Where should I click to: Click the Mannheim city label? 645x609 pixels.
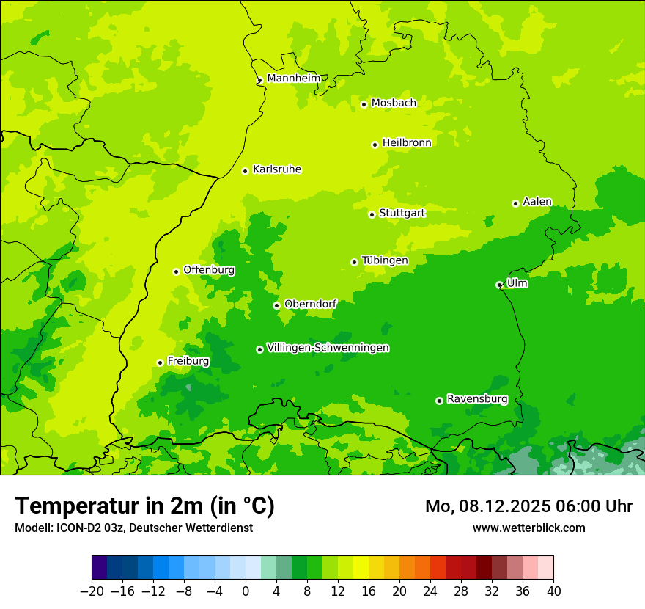click(x=293, y=78)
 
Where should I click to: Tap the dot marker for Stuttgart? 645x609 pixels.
click(x=372, y=214)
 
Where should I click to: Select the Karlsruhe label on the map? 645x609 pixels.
click(x=276, y=169)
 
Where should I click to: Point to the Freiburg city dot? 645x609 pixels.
click(x=160, y=362)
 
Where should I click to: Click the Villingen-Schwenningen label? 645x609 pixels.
click(x=328, y=348)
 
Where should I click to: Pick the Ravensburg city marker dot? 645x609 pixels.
click(x=439, y=401)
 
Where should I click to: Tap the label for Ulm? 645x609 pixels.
click(x=517, y=282)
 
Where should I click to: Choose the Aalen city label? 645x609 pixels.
click(x=537, y=202)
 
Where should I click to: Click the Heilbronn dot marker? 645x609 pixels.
click(x=375, y=145)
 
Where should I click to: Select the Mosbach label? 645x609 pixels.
click(x=393, y=103)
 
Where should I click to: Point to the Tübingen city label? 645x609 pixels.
click(x=384, y=260)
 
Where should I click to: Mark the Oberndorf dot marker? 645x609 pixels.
click(x=276, y=305)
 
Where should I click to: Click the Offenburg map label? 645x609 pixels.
click(x=208, y=270)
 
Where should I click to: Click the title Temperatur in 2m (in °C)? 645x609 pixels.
click(x=144, y=506)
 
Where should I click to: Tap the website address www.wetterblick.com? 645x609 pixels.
click(x=528, y=528)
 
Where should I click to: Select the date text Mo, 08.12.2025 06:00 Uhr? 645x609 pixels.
click(x=528, y=506)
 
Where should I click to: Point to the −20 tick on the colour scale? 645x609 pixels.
click(x=92, y=591)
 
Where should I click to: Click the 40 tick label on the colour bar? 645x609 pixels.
click(x=553, y=591)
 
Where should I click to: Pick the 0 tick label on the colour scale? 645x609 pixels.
click(x=246, y=591)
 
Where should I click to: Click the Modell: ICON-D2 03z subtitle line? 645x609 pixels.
click(x=133, y=528)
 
